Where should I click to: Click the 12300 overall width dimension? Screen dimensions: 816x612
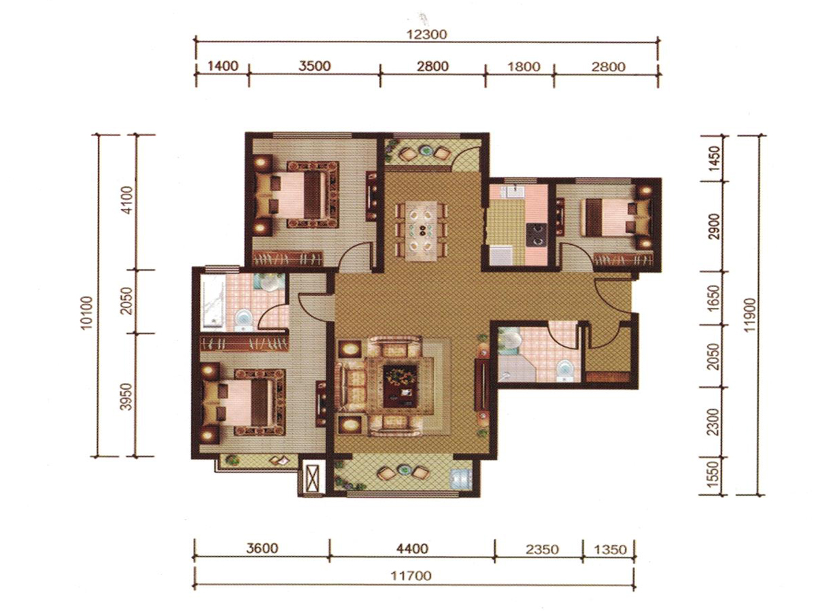(x=426, y=35)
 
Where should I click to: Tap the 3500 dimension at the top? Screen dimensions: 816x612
(x=314, y=66)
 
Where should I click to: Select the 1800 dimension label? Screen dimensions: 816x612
(x=524, y=67)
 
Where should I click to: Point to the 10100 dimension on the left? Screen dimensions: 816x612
(x=86, y=313)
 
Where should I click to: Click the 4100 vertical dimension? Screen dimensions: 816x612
(x=127, y=200)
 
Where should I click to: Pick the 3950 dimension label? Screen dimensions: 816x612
(x=126, y=397)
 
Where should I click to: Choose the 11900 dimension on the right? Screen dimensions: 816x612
(x=750, y=315)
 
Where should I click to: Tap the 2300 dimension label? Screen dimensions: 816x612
(x=714, y=422)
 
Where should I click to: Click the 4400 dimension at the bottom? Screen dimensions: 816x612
(x=412, y=549)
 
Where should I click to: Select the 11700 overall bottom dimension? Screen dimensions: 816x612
(x=411, y=575)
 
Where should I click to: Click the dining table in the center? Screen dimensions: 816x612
(x=422, y=231)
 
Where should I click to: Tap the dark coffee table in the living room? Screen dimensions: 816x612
(x=400, y=386)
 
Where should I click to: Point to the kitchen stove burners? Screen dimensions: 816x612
(x=537, y=235)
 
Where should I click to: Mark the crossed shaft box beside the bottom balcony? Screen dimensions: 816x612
(x=311, y=477)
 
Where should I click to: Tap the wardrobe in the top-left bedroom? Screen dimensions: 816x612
(x=288, y=259)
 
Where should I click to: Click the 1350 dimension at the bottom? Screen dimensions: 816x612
(x=610, y=549)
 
